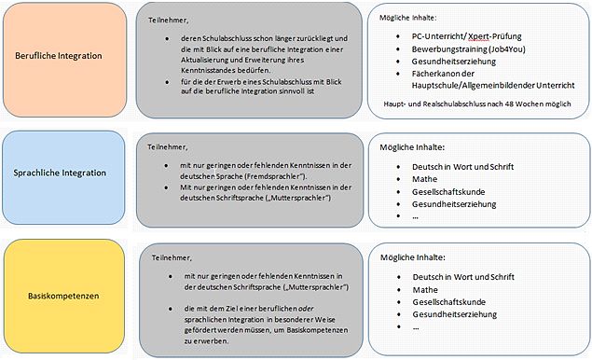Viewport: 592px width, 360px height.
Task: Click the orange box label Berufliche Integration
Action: click(x=59, y=56)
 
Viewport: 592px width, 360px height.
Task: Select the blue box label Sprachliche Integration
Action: click(x=60, y=173)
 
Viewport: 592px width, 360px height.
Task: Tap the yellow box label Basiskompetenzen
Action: click(x=63, y=296)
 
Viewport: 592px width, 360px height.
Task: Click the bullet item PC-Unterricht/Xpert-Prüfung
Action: click(x=467, y=36)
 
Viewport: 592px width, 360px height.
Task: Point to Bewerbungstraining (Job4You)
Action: click(x=469, y=49)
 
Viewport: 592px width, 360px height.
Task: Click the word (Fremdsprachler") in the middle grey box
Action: click(x=276, y=176)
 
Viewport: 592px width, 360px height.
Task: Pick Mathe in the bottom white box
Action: click(x=425, y=290)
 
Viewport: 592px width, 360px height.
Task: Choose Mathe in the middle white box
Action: click(x=425, y=179)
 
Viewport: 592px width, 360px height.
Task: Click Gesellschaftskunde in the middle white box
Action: click(x=448, y=192)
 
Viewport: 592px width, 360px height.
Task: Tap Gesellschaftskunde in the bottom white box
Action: click(x=449, y=302)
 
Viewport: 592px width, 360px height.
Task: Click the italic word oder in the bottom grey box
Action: click(x=308, y=309)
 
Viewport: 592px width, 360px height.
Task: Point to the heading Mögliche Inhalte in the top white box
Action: click(x=408, y=18)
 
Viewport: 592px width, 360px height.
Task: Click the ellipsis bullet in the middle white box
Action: click(x=415, y=216)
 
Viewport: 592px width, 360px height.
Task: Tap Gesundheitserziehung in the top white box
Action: click(x=454, y=62)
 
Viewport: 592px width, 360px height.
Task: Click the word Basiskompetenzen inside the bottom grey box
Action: click(x=317, y=330)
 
